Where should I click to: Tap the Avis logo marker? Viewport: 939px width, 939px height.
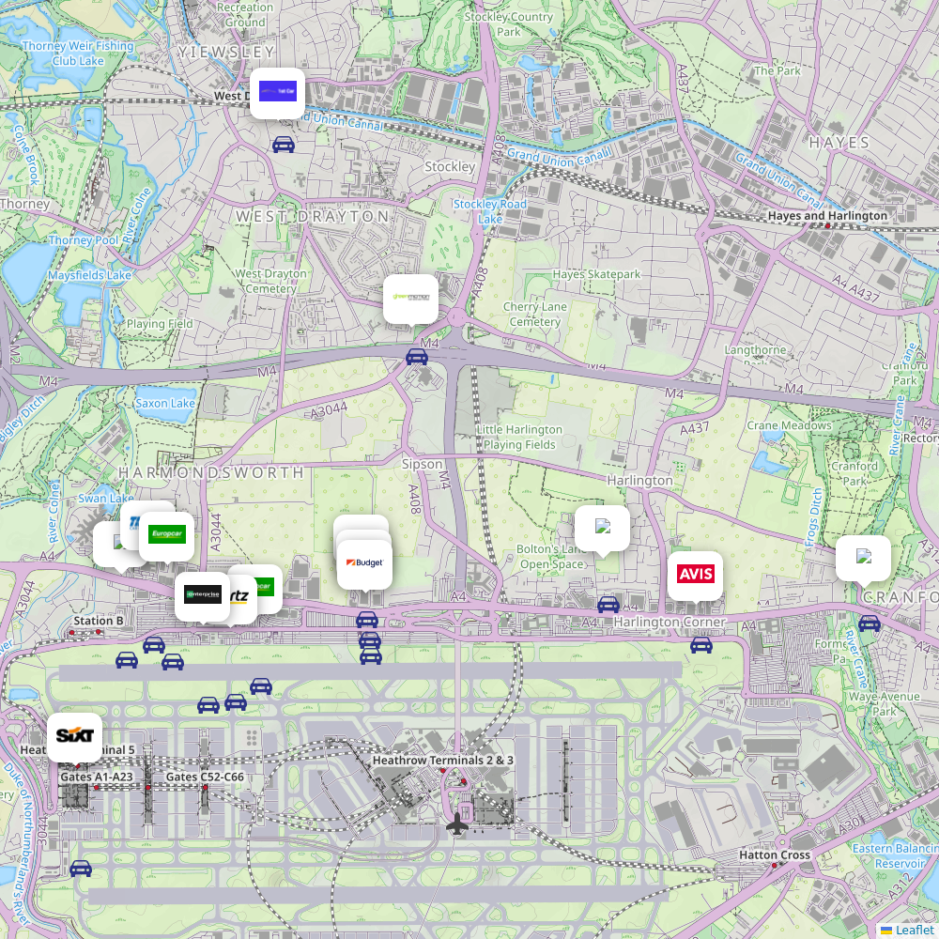(x=695, y=575)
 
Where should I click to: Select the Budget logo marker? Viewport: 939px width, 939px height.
(x=364, y=563)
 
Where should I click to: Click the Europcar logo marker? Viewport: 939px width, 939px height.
(x=167, y=535)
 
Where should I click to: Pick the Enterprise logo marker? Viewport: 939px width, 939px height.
(x=202, y=594)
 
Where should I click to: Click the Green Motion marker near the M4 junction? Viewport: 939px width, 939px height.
(x=410, y=299)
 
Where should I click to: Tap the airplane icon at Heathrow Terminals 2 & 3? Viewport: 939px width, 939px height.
(x=457, y=824)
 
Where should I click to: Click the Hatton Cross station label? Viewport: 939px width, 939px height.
(x=775, y=855)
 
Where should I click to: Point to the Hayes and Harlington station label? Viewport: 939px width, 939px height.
(x=827, y=216)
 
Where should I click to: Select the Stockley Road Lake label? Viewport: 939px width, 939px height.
(x=490, y=211)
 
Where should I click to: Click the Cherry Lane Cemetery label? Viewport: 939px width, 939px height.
(x=535, y=315)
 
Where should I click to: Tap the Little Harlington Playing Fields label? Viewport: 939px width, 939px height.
(x=519, y=437)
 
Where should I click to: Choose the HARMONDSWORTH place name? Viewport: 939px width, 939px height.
(x=211, y=472)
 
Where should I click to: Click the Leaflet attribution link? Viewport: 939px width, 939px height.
(x=915, y=930)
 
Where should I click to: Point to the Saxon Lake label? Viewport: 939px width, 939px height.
(x=165, y=403)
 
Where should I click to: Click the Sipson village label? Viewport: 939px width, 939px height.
(x=422, y=464)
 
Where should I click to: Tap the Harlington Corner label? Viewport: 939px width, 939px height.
(x=670, y=622)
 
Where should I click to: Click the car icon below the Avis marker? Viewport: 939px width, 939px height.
(x=701, y=645)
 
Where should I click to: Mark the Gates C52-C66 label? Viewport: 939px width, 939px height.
(x=205, y=777)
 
